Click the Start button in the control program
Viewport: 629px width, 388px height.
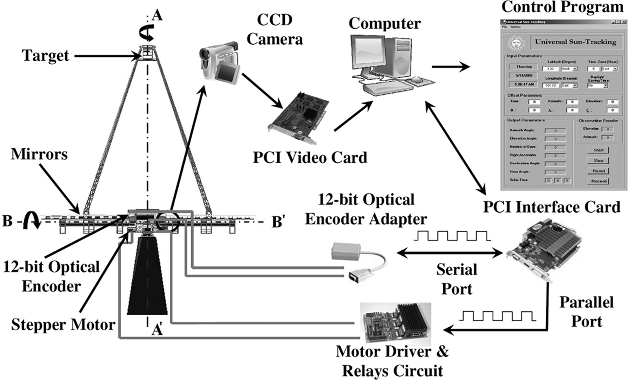pos(598,150)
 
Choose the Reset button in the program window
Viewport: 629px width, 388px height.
pos(598,171)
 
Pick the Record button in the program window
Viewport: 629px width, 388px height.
pos(598,181)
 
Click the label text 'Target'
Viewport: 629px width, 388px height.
pos(45,56)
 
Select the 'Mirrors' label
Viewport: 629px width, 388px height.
pos(39,154)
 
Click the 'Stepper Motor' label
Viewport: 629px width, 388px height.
pos(63,325)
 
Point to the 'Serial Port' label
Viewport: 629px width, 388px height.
pos(457,279)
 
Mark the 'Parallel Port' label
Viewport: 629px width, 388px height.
pos(586,312)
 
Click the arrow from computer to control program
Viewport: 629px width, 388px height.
pos(451,66)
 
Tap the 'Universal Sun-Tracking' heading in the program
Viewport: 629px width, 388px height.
pos(575,42)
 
